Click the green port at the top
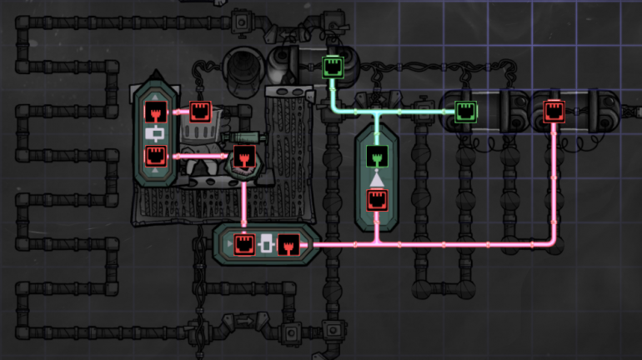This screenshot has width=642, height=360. click(x=332, y=64)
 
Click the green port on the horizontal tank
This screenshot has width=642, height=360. click(x=465, y=109)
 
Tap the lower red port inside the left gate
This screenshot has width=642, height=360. click(x=155, y=154)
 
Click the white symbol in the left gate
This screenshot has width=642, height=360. click(x=155, y=132)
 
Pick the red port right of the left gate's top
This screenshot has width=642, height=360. click(x=200, y=111)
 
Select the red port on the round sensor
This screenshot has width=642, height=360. click(x=243, y=156)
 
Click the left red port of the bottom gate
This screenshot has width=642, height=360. click(x=244, y=244)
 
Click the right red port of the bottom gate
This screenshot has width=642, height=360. click(x=288, y=244)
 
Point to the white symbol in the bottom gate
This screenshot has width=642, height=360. click(x=266, y=244)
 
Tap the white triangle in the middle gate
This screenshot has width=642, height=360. click(x=377, y=177)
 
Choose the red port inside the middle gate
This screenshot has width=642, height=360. click(x=377, y=199)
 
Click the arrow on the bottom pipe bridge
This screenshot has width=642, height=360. click(x=243, y=319)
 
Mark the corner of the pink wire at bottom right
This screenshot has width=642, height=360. click(x=554, y=243)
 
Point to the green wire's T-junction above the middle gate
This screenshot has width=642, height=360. click(x=377, y=110)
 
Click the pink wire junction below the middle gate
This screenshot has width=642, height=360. click(x=377, y=244)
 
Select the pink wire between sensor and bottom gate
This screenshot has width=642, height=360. click(x=243, y=200)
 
